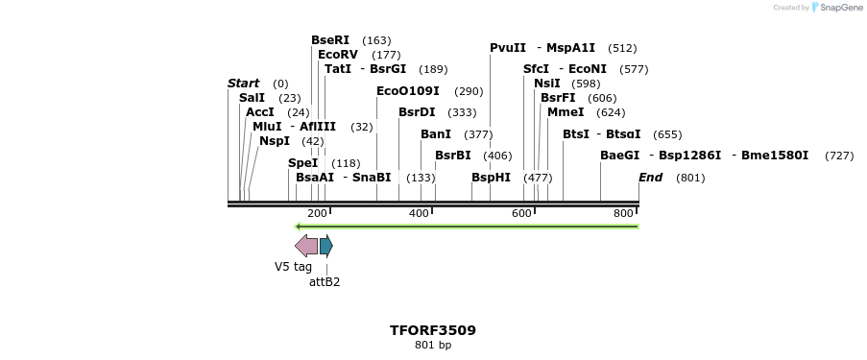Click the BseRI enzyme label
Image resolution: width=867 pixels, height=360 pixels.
(330, 40)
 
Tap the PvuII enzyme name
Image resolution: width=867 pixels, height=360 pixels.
(508, 48)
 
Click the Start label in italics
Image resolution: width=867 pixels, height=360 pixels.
(243, 84)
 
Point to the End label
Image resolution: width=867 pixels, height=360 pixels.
(650, 178)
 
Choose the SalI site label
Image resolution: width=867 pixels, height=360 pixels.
(252, 98)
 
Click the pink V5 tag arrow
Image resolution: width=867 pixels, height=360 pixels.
(306, 247)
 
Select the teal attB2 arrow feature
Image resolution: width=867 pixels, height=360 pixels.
(326, 247)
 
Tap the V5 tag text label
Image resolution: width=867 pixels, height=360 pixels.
(293, 267)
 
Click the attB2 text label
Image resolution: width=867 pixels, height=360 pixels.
(325, 282)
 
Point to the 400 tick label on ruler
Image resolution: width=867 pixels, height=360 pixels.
(419, 213)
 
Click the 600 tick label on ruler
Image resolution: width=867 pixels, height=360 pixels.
(521, 213)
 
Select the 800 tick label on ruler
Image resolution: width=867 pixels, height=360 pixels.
(623, 213)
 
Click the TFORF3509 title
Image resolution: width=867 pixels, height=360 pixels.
(432, 330)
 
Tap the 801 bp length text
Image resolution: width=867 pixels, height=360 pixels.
(432, 345)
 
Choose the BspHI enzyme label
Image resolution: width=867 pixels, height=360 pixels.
(491, 178)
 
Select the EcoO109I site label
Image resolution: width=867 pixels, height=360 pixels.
(407, 91)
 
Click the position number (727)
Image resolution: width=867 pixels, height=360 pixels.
(838, 156)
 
